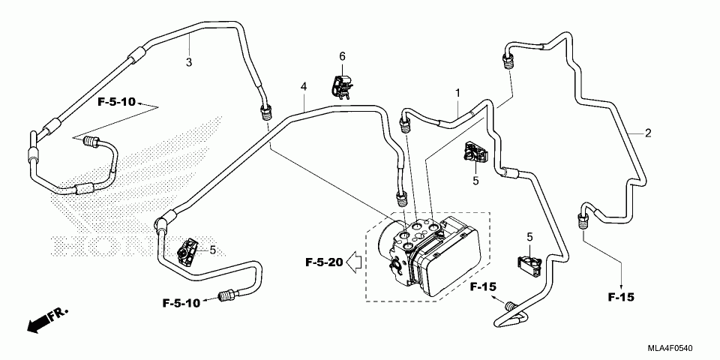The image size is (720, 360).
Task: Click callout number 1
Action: click(x=457, y=93)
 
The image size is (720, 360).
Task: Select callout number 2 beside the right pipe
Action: click(x=648, y=133)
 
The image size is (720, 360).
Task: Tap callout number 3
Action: click(x=189, y=63)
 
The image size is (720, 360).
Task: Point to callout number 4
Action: click(x=303, y=86)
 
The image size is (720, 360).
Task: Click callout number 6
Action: click(x=342, y=56)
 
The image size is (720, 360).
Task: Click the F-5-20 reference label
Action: click(x=324, y=262)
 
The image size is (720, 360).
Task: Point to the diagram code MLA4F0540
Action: click(x=670, y=348)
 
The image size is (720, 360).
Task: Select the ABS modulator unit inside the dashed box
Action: click(x=429, y=255)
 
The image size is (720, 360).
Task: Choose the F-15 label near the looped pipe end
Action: click(x=483, y=287)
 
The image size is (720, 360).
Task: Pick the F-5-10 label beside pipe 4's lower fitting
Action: click(x=181, y=303)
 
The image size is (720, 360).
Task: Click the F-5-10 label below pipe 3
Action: click(x=117, y=102)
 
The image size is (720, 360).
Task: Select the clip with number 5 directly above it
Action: click(x=530, y=265)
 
